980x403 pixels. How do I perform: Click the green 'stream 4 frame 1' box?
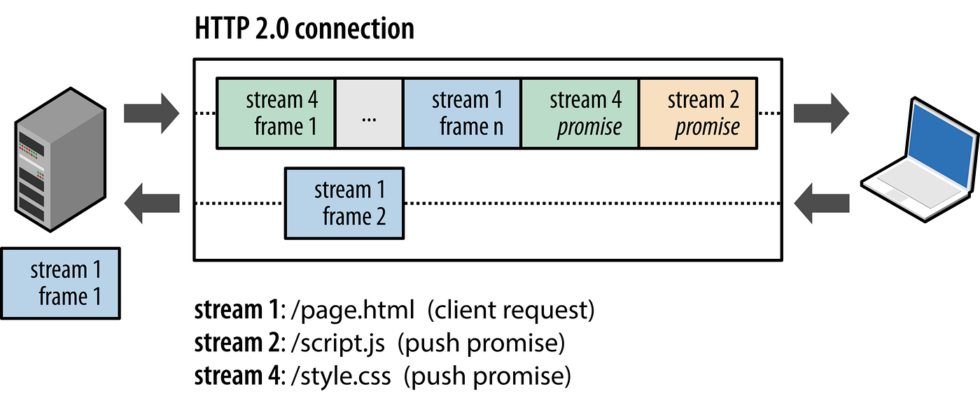(x=276, y=113)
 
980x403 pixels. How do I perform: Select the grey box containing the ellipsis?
(x=369, y=113)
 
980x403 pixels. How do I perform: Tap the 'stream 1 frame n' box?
(x=462, y=113)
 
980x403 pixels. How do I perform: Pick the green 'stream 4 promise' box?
(x=580, y=113)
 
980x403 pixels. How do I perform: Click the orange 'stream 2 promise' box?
(x=698, y=113)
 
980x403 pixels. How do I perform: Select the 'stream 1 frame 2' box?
(x=344, y=203)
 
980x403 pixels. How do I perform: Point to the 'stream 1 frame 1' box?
(x=60, y=283)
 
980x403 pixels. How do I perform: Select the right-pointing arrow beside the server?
(x=151, y=112)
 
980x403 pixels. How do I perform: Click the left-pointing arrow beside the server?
(x=151, y=204)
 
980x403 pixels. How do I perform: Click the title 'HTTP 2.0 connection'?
(x=304, y=29)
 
